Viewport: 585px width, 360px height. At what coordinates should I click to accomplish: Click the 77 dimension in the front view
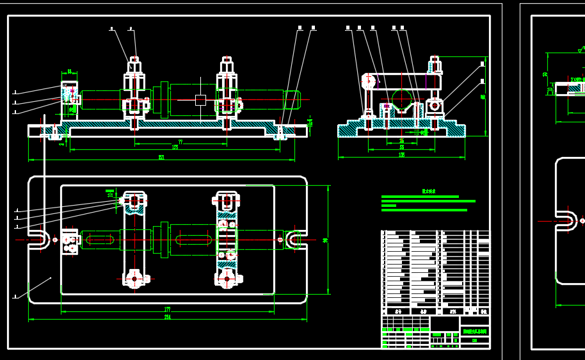click(x=180, y=142)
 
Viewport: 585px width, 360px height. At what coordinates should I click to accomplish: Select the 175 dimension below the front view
click(x=175, y=147)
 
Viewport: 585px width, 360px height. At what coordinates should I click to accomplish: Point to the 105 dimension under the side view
click(x=401, y=154)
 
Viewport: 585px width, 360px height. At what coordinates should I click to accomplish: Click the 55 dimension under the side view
click(x=401, y=147)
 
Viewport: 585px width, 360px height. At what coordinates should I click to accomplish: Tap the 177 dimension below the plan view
click(x=167, y=310)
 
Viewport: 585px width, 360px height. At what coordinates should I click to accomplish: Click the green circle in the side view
click(x=402, y=100)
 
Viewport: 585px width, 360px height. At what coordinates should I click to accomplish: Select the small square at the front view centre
click(x=200, y=100)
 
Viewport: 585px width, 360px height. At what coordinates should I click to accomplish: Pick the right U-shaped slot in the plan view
click(x=294, y=240)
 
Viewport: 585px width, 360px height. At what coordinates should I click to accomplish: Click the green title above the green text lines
click(x=428, y=191)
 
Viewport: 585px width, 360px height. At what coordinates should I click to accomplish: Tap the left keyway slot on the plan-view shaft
click(x=100, y=240)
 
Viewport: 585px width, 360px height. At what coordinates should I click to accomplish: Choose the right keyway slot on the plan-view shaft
click(x=193, y=240)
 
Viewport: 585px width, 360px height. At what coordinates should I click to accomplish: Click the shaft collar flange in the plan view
click(x=164, y=240)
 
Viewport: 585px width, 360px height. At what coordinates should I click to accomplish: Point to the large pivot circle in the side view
click(x=369, y=81)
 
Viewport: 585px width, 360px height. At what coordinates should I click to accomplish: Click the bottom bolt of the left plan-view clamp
click(x=134, y=279)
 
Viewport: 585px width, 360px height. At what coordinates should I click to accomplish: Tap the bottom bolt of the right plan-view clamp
click(x=227, y=279)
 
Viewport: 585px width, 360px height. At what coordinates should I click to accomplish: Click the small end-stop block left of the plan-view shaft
click(x=69, y=241)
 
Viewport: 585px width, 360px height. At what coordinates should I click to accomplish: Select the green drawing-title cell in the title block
click(x=474, y=332)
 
